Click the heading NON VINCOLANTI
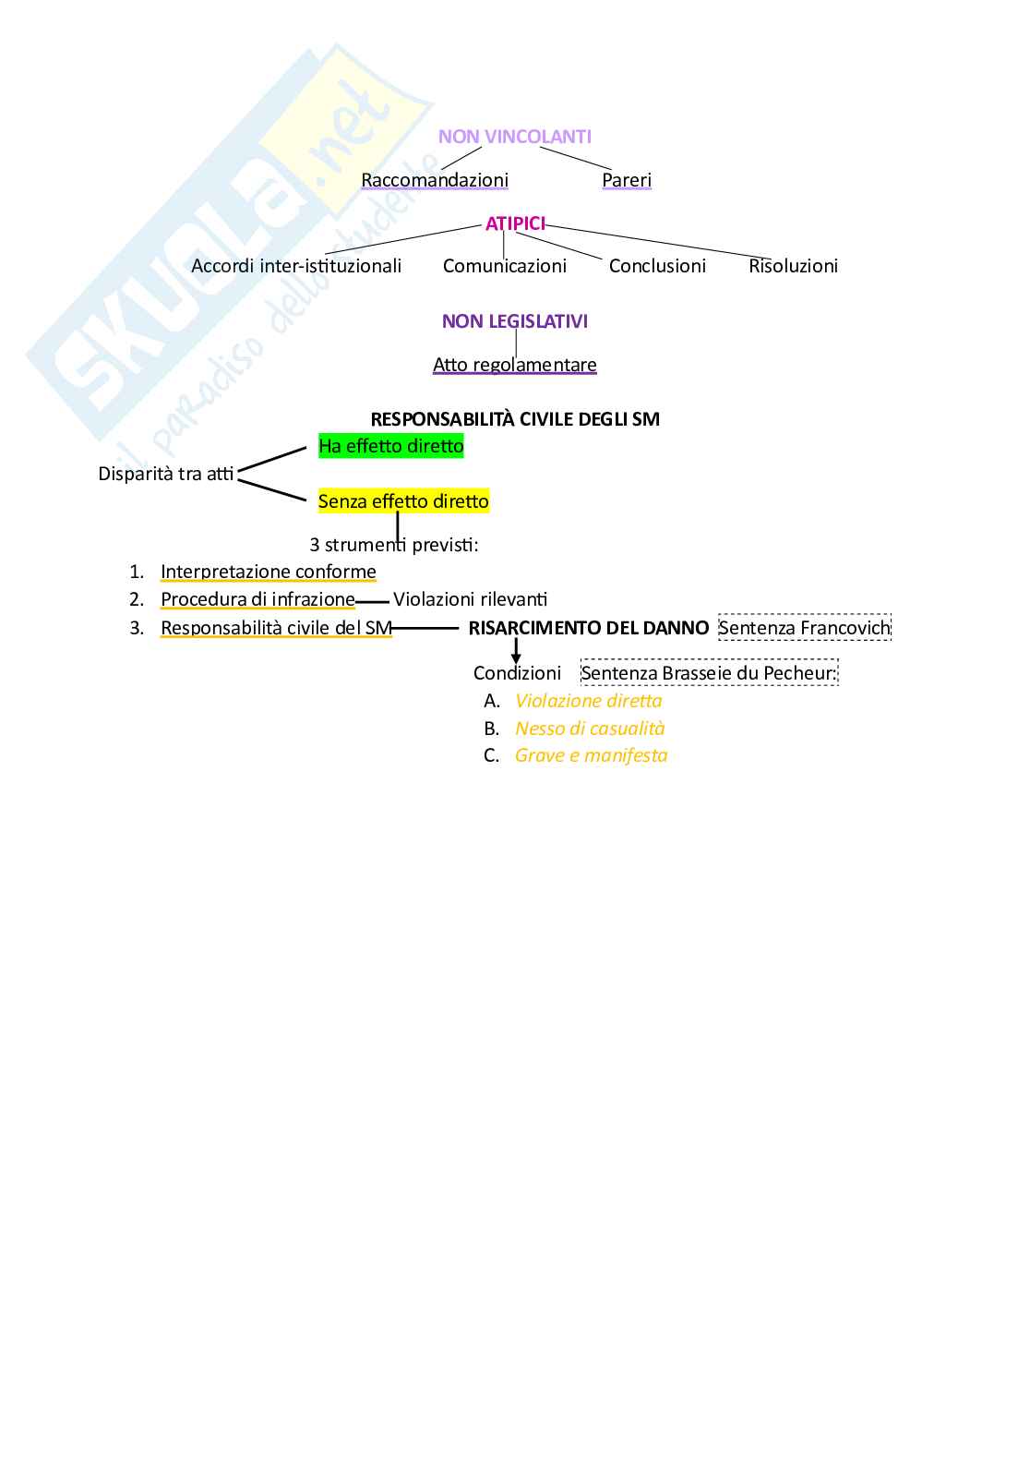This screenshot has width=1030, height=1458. (514, 137)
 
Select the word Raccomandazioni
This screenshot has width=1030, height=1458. (435, 180)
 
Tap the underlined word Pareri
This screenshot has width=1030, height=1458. (627, 180)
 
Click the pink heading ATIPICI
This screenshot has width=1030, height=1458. (515, 223)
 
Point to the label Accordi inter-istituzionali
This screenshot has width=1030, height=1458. (296, 266)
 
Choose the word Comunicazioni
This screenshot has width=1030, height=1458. (505, 266)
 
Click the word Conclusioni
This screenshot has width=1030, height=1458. (657, 266)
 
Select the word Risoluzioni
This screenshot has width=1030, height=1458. (794, 266)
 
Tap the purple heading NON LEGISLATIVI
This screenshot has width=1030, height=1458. (515, 321)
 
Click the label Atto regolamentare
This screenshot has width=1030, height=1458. (515, 365)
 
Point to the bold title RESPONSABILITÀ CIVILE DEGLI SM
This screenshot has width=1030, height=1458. (515, 419)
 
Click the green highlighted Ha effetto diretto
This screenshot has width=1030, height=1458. (391, 446)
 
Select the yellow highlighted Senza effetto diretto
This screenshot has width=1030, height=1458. (403, 501)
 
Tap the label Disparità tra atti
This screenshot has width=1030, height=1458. (166, 474)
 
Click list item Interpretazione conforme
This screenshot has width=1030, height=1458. (269, 572)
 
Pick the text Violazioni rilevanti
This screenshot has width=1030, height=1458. (471, 599)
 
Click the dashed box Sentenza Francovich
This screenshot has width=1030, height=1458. (805, 628)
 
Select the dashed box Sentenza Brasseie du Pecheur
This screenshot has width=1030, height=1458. (709, 673)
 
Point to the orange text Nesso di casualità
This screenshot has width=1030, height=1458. (590, 729)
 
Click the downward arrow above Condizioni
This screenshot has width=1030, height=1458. (516, 651)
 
